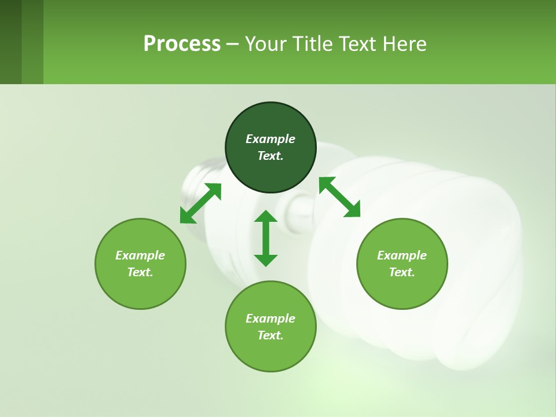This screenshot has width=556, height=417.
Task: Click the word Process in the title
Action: [182, 44]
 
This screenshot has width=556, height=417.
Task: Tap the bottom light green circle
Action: [270, 353]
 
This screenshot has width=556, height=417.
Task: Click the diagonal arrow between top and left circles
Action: [200, 203]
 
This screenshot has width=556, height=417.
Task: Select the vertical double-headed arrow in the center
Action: [266, 238]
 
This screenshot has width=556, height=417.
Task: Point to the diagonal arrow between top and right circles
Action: [339, 197]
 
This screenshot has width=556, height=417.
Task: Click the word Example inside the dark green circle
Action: [270, 139]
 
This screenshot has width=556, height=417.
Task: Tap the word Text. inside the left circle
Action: [140, 272]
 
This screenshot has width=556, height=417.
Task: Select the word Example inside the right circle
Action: [402, 255]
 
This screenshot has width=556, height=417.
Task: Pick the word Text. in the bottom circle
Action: [270, 335]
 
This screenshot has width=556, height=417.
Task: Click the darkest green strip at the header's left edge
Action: [10, 42]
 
